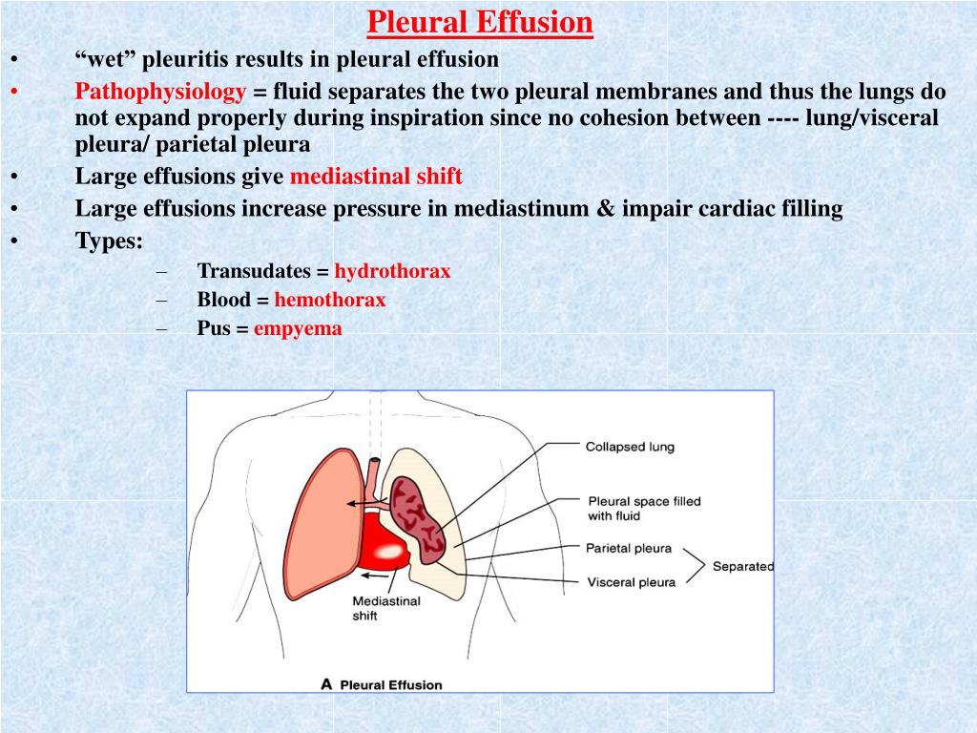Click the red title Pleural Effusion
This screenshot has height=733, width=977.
pyautogui.click(x=480, y=23)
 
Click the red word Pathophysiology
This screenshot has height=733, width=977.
pyautogui.click(x=160, y=92)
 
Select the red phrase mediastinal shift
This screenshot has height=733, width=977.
pyautogui.click(x=376, y=177)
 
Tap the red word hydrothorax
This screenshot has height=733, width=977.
pyautogui.click(x=392, y=271)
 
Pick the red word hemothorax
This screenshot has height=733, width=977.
pyautogui.click(x=330, y=300)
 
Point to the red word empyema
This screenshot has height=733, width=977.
pyautogui.click(x=298, y=329)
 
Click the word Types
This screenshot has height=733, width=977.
pyautogui.click(x=109, y=241)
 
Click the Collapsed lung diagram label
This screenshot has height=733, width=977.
pyautogui.click(x=630, y=447)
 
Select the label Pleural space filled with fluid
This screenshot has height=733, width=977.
pyautogui.click(x=644, y=509)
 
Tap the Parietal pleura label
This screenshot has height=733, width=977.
pyautogui.click(x=629, y=549)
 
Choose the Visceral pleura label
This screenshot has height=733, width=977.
pyautogui.click(x=632, y=583)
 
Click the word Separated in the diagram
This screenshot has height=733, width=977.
pyautogui.click(x=743, y=567)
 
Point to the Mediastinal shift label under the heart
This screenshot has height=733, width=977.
pyautogui.click(x=386, y=608)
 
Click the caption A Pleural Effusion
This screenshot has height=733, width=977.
pyautogui.click(x=382, y=685)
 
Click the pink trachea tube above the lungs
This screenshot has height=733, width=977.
pyautogui.click(x=374, y=479)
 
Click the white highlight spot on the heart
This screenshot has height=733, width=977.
pyautogui.click(x=387, y=552)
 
